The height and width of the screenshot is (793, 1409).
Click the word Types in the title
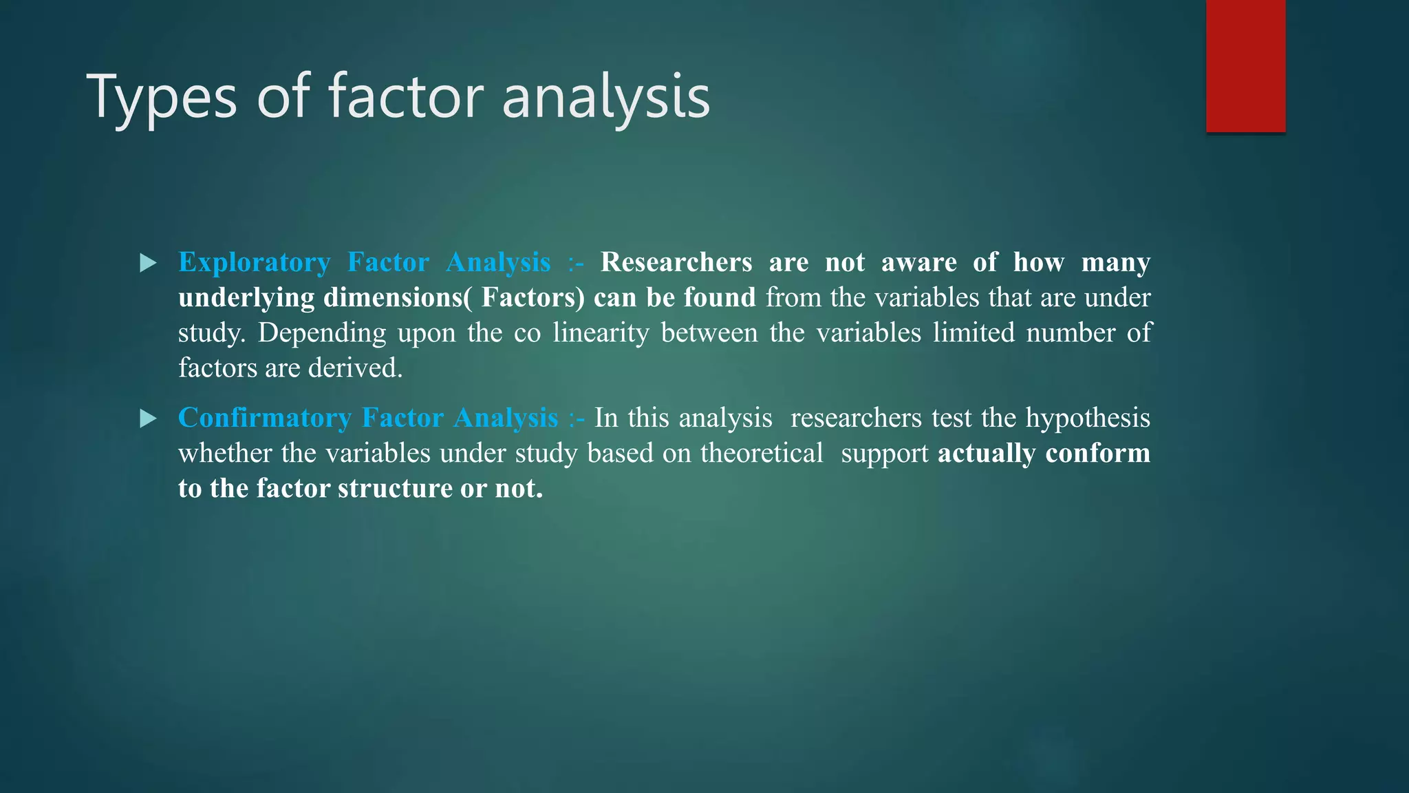click(162, 98)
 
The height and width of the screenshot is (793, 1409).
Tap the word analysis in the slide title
click(605, 98)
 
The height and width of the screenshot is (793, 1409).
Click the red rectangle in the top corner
click(1245, 65)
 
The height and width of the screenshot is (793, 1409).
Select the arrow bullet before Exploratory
click(148, 263)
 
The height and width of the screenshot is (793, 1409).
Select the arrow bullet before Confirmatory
click(148, 419)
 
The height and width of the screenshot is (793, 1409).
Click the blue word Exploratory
click(254, 263)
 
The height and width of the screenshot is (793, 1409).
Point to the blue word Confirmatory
click(264, 419)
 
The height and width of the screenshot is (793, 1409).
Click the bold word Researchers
click(676, 263)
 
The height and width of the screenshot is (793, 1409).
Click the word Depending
click(321, 333)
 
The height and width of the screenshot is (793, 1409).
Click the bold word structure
click(395, 489)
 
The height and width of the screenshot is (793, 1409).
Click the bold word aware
click(918, 263)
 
